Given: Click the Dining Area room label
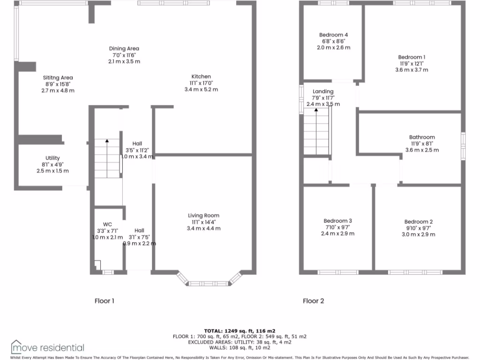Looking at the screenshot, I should coord(124,48).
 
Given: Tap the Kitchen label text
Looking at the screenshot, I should coord(201,76).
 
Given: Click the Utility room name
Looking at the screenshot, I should coord(52,158).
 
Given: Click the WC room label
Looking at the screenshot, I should coord(107,224).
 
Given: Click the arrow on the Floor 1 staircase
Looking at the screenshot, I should coord(107,141).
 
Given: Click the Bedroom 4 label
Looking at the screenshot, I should coord(333,35).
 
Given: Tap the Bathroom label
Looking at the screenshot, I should coord(422,137).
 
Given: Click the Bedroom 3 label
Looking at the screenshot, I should coord(337,221).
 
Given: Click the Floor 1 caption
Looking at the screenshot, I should coord(104,301).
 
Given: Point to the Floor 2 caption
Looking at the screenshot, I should coord(313,301).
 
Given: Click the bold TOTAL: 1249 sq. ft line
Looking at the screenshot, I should coord(239,331).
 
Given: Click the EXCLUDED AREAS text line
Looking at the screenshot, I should coord(239,342).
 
